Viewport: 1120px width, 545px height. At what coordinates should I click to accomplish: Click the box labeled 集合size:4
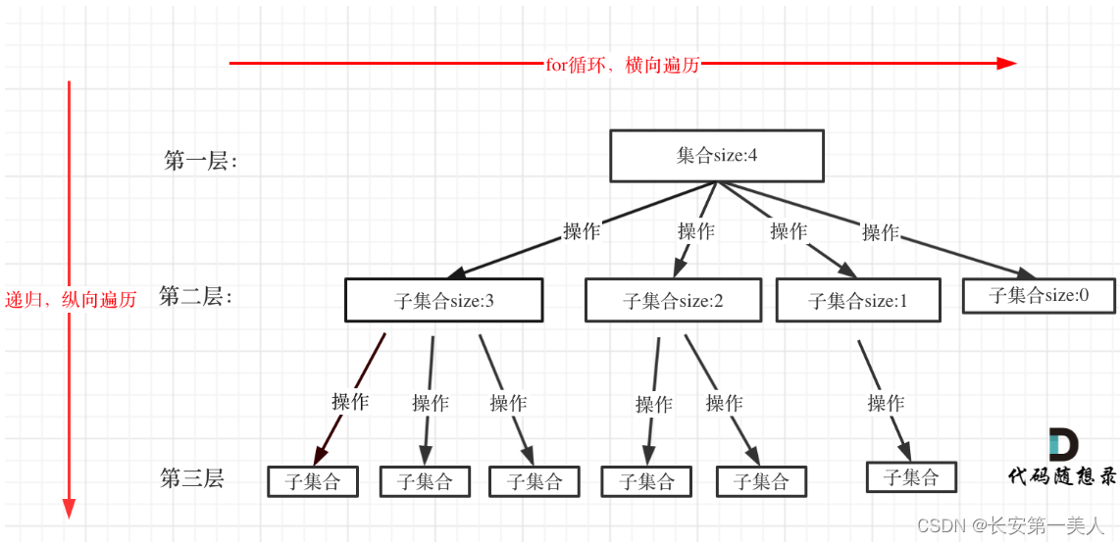tap(717, 156)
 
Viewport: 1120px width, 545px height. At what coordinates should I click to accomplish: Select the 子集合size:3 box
tap(443, 301)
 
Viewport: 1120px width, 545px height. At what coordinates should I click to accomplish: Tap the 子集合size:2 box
tap(673, 301)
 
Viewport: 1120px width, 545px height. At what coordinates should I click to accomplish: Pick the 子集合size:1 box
tap(858, 301)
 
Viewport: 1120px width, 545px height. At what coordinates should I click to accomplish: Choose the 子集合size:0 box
tap(1039, 295)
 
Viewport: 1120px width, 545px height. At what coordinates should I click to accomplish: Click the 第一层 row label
tap(200, 161)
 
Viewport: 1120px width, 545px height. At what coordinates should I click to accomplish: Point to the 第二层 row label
tap(195, 296)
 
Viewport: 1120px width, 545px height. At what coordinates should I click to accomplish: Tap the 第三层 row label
tap(192, 478)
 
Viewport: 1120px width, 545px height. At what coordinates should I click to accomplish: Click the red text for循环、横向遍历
tap(623, 65)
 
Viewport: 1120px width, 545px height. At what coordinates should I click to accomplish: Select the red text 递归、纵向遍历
tap(71, 300)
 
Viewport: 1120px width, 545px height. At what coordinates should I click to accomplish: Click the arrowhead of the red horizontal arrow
tap(1006, 64)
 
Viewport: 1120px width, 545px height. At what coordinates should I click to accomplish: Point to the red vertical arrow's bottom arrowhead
tap(69, 508)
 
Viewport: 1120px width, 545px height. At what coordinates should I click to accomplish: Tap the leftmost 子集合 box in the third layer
tap(313, 481)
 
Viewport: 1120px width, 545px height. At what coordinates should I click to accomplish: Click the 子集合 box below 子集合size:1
tap(911, 477)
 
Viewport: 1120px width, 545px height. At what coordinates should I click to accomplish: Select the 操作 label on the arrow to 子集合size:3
tap(582, 232)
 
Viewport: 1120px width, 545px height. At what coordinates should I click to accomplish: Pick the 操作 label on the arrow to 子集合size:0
tap(881, 232)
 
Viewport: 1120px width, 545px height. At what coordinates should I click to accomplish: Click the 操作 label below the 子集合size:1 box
tap(886, 403)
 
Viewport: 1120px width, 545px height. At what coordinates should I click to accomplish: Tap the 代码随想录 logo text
tap(1062, 475)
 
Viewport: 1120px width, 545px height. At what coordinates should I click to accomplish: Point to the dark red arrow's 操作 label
tap(350, 402)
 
